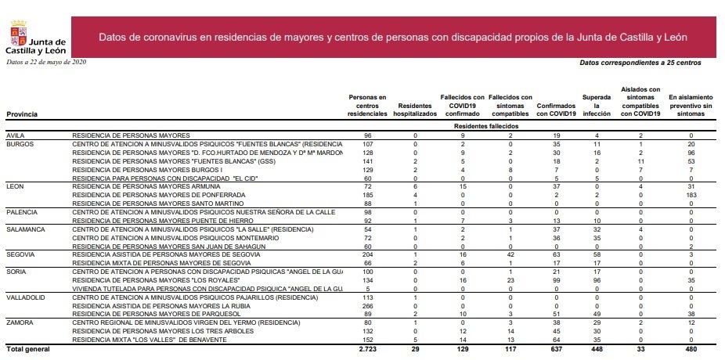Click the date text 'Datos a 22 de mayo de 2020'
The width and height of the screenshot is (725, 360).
[45, 62]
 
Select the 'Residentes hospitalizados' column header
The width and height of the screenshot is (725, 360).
[415, 109]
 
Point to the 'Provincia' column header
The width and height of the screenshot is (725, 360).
[22, 114]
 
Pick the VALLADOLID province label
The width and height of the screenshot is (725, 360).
[25, 298]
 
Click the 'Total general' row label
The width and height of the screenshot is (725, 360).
[28, 349]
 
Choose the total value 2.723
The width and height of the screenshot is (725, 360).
[367, 349]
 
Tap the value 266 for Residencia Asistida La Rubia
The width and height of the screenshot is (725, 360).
[367, 307]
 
